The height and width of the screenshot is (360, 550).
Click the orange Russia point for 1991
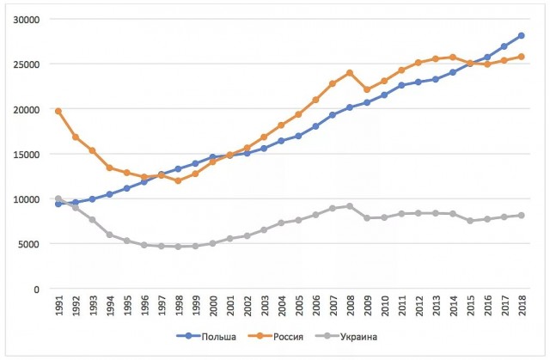coord(58,111)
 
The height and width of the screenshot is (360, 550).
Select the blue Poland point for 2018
coord(522,35)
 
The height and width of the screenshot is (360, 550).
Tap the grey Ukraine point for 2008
coord(350,206)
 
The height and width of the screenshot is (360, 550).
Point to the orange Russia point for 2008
coord(350,73)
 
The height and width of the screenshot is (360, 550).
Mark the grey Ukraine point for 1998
coord(178,247)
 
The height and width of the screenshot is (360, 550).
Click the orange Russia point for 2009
coord(367,89)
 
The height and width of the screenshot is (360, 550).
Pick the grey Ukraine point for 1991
coord(58,198)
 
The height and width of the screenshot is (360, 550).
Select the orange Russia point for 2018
coord(522,57)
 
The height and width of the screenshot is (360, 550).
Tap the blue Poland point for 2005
coord(298,136)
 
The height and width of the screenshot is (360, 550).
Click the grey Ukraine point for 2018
coord(522,216)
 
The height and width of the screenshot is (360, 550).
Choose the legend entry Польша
coord(206,337)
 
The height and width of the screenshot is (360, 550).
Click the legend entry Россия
coord(276,337)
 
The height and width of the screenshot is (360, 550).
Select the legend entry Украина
coord(346,337)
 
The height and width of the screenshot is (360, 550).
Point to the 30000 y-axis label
coord(27,20)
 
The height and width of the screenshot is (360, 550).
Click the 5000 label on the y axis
coord(29,244)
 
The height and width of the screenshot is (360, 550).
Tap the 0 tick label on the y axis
coord(37,290)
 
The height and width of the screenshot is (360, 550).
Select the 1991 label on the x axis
coord(59,305)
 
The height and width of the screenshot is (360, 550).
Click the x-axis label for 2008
coord(350,305)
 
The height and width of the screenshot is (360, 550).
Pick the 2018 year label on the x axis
coord(522,305)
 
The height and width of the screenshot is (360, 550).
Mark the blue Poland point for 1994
coord(109,194)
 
